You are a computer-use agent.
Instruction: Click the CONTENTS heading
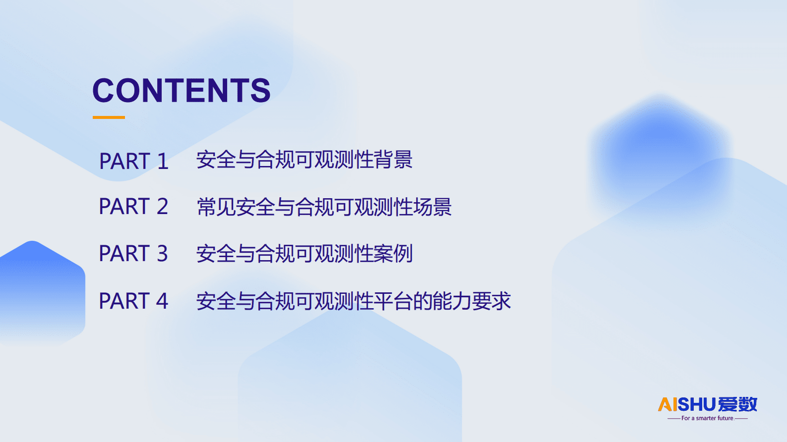pyautogui.click(x=182, y=91)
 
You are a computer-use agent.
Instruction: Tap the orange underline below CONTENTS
pyautogui.click(x=109, y=117)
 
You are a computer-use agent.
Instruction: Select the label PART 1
pyautogui.click(x=133, y=162)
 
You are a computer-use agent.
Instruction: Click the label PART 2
pyautogui.click(x=133, y=207)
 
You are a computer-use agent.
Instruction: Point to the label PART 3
pyautogui.click(x=133, y=254)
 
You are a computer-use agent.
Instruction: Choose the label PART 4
pyautogui.click(x=133, y=301)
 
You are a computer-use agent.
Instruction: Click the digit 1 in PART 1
pyautogui.click(x=163, y=162)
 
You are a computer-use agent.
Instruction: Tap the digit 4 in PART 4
pyautogui.click(x=162, y=301)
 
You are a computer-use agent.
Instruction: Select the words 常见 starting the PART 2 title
pyautogui.click(x=216, y=207)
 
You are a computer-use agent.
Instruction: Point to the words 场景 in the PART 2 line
pyautogui.click(x=432, y=207)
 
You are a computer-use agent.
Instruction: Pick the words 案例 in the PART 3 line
pyautogui.click(x=393, y=254)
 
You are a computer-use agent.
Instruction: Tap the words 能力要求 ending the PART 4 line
pyautogui.click(x=472, y=301)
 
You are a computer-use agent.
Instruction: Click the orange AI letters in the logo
pyautogui.click(x=667, y=404)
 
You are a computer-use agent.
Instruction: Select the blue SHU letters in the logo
pyautogui.click(x=697, y=404)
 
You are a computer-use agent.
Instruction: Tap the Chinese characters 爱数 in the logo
pyautogui.click(x=737, y=404)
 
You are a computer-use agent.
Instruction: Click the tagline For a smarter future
pyautogui.click(x=707, y=418)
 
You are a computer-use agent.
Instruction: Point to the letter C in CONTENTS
pyautogui.click(x=104, y=91)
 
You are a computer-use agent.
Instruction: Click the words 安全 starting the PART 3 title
pyautogui.click(x=216, y=254)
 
